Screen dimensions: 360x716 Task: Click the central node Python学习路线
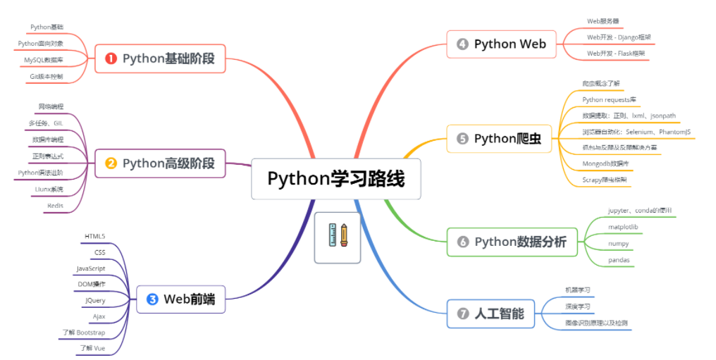(336, 179)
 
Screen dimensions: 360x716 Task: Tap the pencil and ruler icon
(338, 237)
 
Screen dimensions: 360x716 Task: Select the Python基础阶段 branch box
(160, 58)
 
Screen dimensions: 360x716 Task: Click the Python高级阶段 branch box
(160, 163)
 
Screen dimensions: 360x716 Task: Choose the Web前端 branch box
(180, 299)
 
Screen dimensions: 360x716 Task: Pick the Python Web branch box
(502, 44)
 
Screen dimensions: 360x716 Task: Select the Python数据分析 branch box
(512, 242)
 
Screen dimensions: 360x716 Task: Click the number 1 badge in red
(111, 58)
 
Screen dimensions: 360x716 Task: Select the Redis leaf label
(55, 206)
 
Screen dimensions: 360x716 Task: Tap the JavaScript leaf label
(91, 268)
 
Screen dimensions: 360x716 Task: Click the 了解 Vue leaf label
(92, 348)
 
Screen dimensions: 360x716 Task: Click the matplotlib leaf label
(623, 227)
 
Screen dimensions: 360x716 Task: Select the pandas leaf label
(619, 260)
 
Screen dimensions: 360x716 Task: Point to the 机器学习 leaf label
(577, 290)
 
